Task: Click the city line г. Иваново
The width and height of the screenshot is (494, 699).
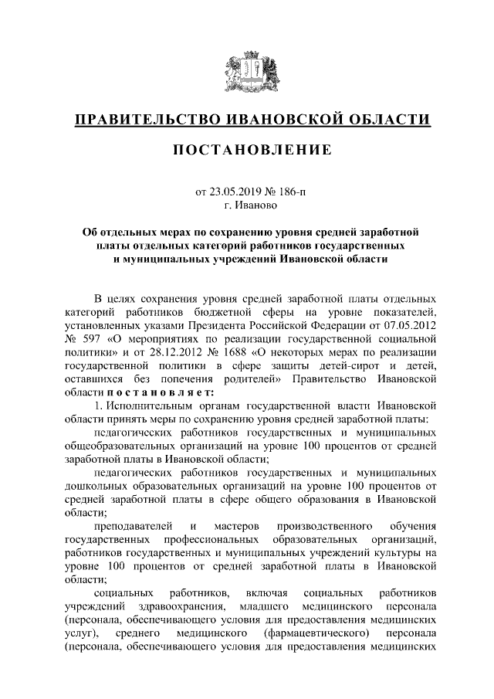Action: (247, 205)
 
